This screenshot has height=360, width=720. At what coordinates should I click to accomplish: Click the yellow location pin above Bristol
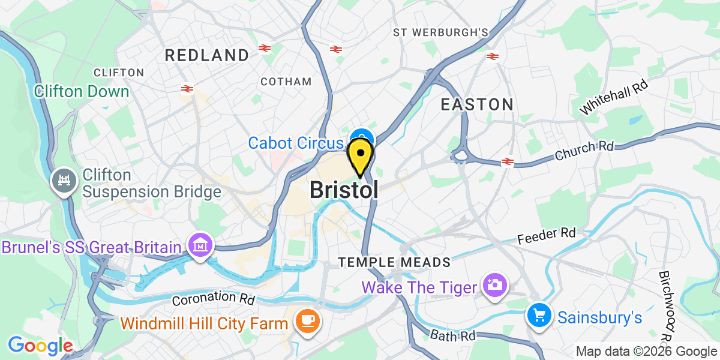tap(360, 155)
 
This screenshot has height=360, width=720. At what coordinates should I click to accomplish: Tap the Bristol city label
tap(344, 190)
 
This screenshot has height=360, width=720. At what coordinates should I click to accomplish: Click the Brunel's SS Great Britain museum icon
tap(200, 245)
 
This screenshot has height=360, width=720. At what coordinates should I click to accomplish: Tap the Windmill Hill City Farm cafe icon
tap(310, 319)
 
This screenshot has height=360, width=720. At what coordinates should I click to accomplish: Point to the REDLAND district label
tap(207, 55)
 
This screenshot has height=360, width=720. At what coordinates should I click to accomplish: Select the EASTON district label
tap(477, 104)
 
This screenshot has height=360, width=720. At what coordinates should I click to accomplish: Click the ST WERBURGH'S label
tap(441, 32)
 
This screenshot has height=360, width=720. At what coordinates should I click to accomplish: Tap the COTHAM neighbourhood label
tap(286, 82)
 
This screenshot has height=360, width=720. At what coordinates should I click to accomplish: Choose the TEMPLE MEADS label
tap(394, 262)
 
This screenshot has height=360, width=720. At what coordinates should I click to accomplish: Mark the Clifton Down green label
tap(82, 91)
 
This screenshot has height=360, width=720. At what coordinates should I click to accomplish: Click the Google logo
tap(40, 346)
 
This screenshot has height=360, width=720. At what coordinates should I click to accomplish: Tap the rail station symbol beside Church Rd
tap(508, 161)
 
